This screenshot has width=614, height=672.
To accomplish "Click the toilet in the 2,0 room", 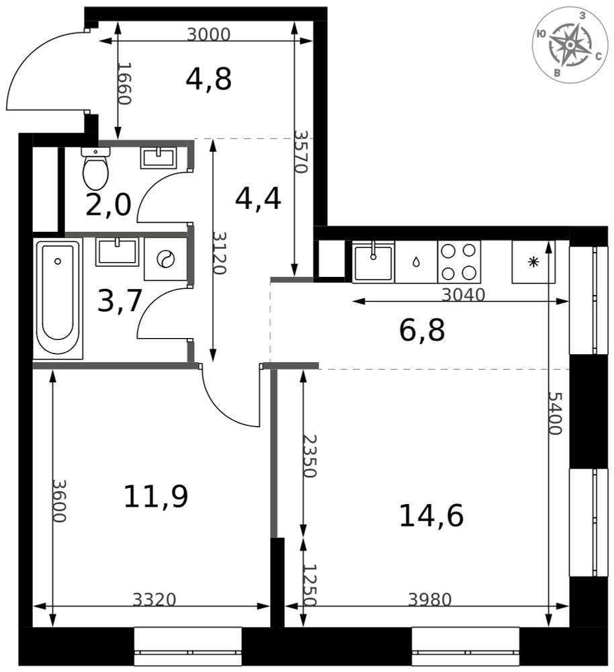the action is click(95, 169).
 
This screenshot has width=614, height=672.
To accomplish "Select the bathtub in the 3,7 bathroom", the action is click(58, 298).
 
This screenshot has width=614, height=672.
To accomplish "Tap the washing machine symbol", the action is click(166, 259).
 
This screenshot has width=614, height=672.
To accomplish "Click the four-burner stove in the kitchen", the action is click(459, 261).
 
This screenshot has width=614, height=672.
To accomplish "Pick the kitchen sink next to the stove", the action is click(373, 261).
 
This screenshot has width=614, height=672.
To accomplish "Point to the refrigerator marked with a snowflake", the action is click(533, 261).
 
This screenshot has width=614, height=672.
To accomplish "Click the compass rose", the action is click(570, 45).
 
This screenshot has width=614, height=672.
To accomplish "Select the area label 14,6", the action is click(431, 515).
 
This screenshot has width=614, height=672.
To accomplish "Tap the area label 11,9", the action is click(156, 497).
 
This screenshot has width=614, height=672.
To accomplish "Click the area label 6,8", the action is click(422, 331).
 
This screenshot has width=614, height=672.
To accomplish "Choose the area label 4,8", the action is click(209, 79).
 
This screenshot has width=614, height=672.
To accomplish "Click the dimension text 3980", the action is click(430, 599).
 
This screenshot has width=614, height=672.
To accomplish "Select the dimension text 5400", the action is click(556, 413).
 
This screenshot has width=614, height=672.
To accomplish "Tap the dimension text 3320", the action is click(155, 599).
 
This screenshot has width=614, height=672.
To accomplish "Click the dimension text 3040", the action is click(463, 295).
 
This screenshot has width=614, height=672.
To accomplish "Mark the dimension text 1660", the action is click(124, 83).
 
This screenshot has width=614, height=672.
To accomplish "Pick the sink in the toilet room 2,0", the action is click(159, 157).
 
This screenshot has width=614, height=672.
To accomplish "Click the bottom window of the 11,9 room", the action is click(187, 646).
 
